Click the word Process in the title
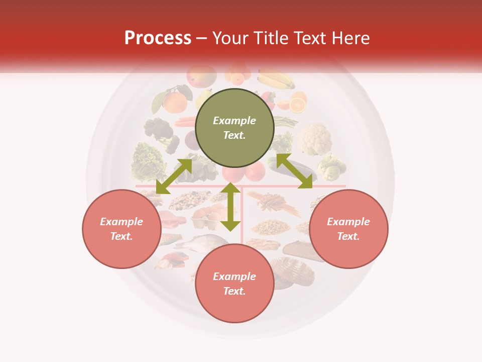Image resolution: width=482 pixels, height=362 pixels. tap(158, 38)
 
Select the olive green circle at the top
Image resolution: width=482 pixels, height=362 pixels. tap(234, 128)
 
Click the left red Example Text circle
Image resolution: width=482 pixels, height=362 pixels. tap(122, 229)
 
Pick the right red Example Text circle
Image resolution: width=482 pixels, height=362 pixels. tap(348, 229)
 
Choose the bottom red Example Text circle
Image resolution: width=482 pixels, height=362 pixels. tap(234, 284)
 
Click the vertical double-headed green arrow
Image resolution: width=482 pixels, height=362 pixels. tap(230, 207)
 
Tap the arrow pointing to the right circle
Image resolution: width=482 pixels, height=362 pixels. tap(294, 171)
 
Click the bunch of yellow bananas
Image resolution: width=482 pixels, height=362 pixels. tap(276, 79)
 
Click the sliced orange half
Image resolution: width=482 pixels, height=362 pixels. tap(297, 105)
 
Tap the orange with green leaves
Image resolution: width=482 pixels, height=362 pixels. tap(174, 101)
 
